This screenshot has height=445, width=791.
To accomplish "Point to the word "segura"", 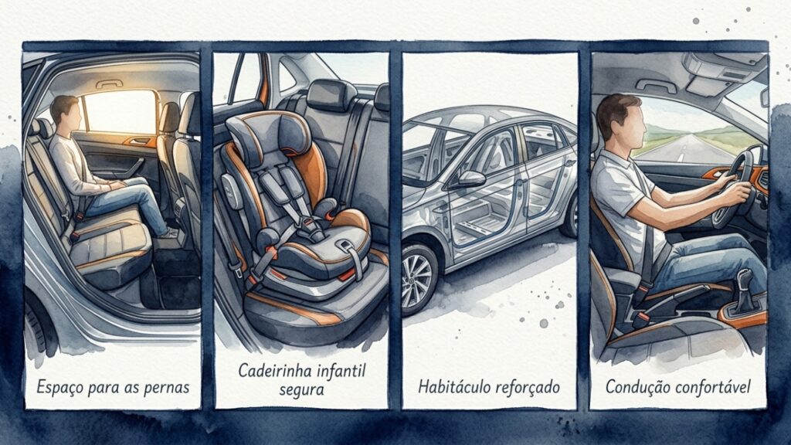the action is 301,390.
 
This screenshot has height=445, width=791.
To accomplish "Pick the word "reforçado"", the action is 528,387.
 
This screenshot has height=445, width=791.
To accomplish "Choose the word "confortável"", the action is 713,386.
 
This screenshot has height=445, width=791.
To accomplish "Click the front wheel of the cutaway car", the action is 419,279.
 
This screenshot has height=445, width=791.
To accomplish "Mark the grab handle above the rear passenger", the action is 109,84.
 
